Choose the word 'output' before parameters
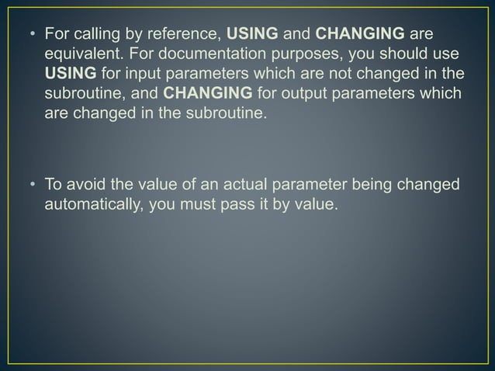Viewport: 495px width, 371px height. [282, 95]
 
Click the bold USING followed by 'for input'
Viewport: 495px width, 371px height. [71, 75]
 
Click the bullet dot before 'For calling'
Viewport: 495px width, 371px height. [31, 35]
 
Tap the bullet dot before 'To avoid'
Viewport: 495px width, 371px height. [31, 185]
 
